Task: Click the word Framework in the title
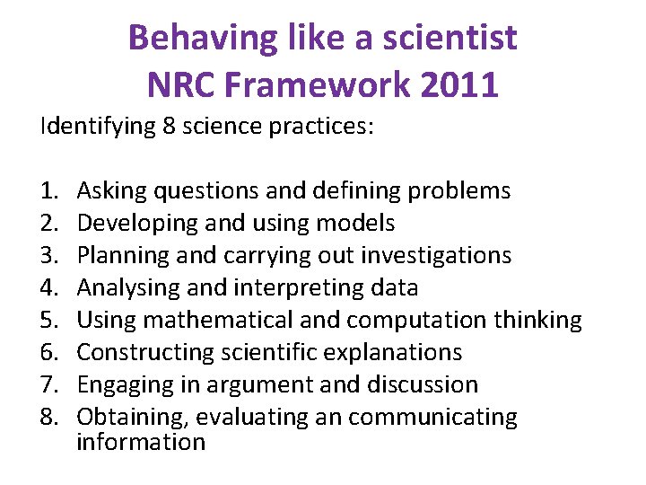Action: [319, 85]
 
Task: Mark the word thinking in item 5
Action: [538, 320]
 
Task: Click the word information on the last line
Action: [141, 442]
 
